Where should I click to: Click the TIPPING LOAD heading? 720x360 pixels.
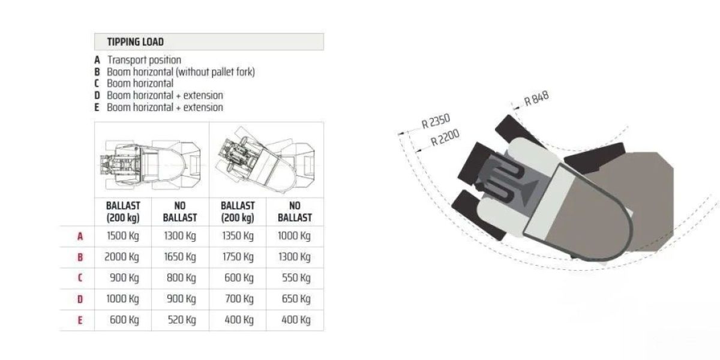tap(135, 42)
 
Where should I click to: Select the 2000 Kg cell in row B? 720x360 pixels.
tap(122, 257)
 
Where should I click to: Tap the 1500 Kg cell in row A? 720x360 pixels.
tap(122, 236)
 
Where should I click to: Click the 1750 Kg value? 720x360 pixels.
tap(238, 257)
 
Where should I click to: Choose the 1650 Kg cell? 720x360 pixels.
tap(180, 257)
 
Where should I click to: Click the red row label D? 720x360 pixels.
tap(80, 299)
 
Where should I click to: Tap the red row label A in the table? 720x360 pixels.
tap(80, 236)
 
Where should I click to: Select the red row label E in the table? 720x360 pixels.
tap(80, 320)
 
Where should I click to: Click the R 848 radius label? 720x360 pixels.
tap(536, 99)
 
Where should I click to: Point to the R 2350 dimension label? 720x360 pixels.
tap(436, 122)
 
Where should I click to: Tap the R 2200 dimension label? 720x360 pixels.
tap(445, 139)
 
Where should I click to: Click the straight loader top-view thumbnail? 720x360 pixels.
tap(151, 159)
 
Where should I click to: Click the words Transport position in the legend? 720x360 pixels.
tap(144, 60)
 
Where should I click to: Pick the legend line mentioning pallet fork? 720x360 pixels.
tap(181, 72)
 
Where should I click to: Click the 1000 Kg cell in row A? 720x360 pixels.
tap(295, 236)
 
